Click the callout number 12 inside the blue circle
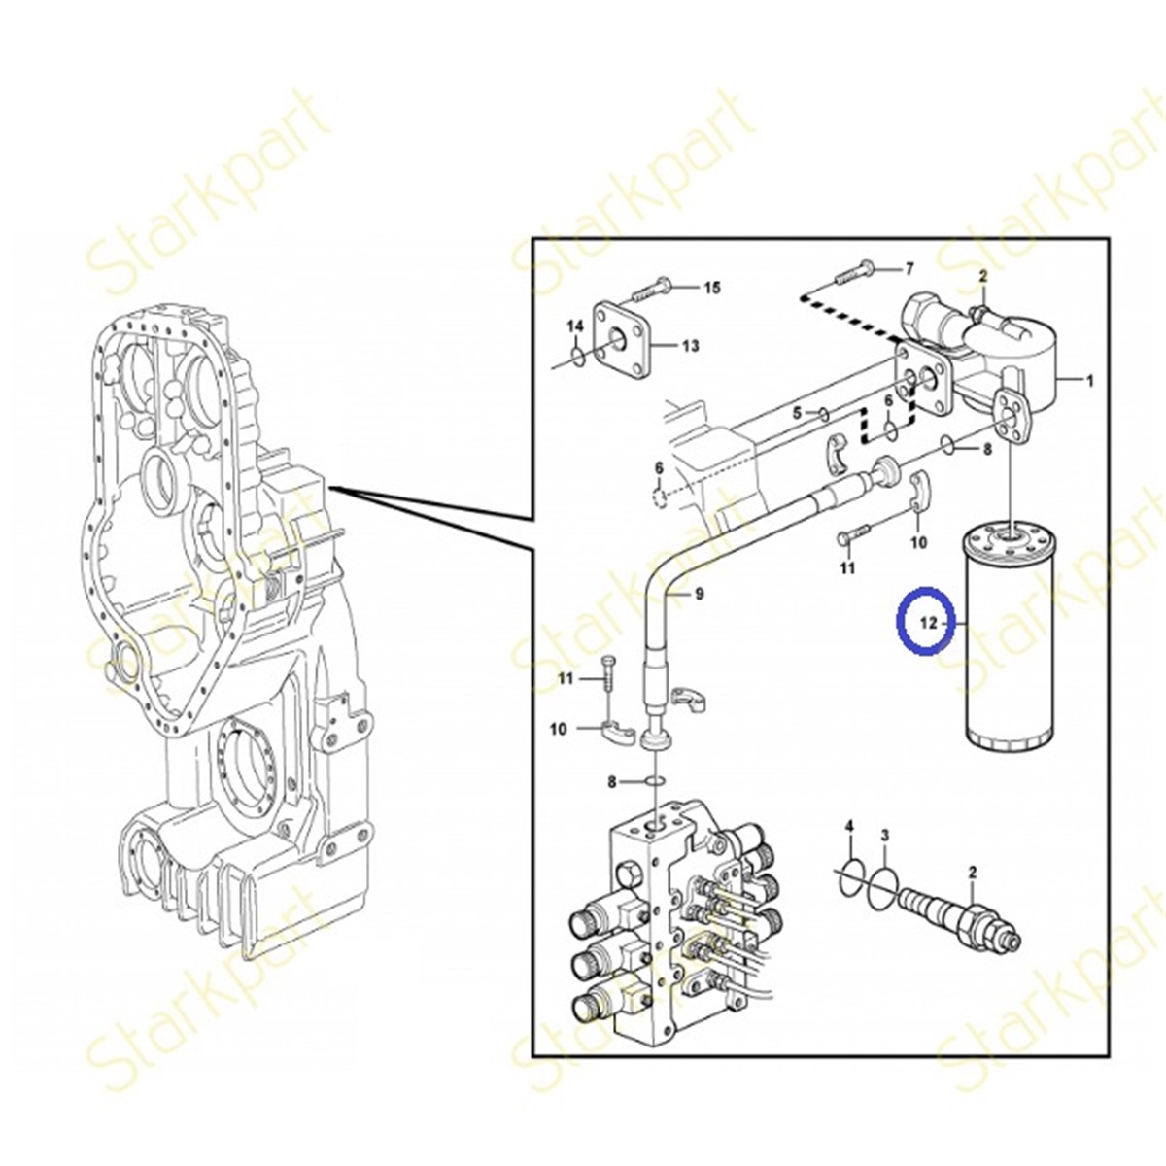coord(931,623)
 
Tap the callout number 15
coord(712,288)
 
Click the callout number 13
coord(690,345)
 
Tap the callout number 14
coord(575,326)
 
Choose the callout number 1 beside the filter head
coord(1089,381)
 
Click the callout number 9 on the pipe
coord(698,592)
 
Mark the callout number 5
coord(797,413)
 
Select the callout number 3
coord(884,835)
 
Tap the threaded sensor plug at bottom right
coord(962,913)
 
